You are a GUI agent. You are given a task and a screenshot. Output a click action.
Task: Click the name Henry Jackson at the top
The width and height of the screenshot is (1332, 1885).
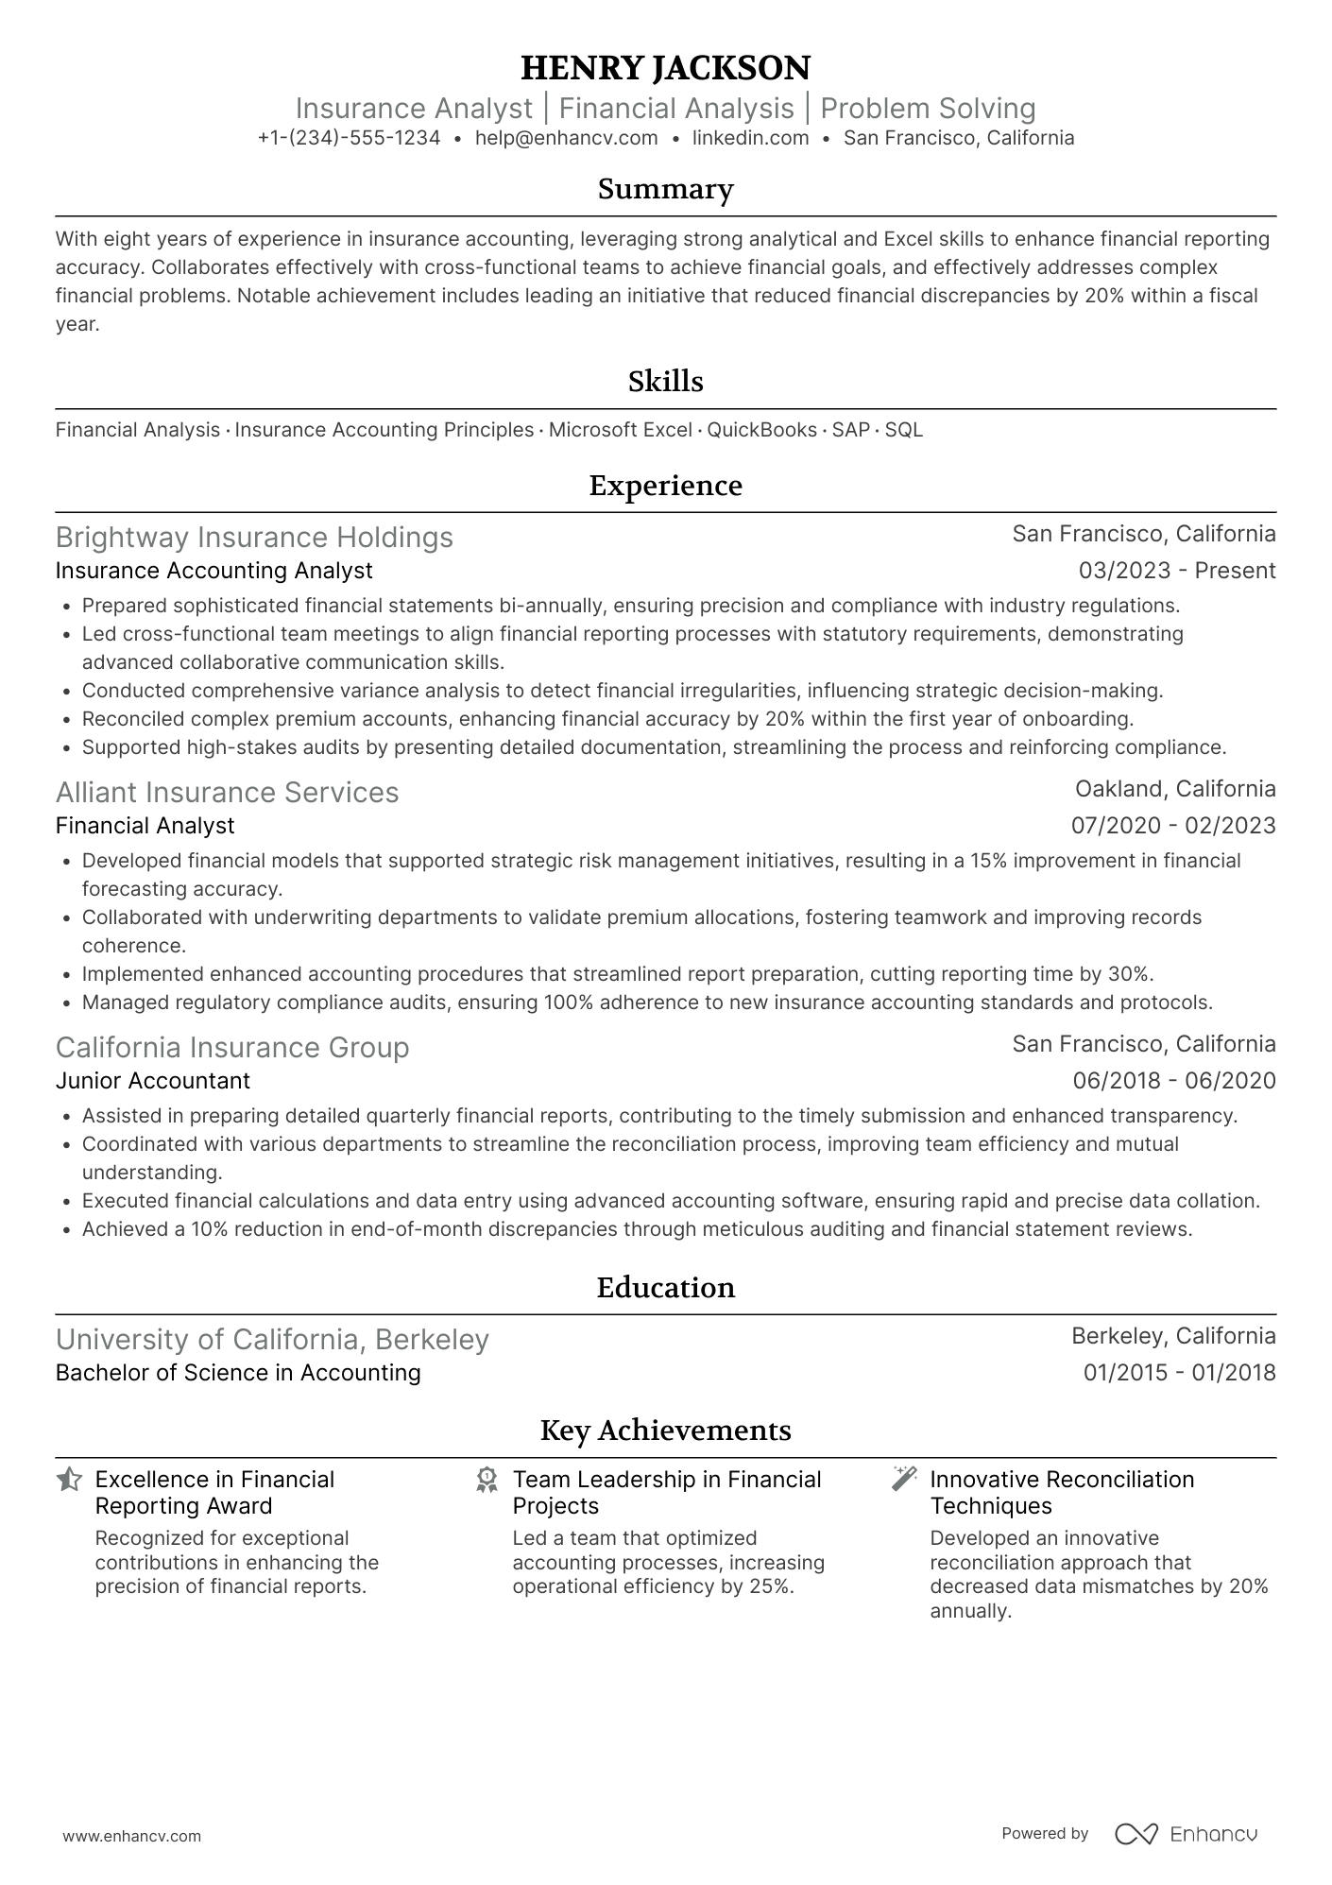click(665, 68)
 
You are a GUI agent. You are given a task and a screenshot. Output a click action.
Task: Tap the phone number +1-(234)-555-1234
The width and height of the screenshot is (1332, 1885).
click(349, 138)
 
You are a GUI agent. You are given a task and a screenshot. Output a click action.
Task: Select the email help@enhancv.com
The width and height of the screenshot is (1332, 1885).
click(566, 138)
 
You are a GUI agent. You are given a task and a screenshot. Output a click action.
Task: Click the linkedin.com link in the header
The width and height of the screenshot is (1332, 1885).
click(750, 138)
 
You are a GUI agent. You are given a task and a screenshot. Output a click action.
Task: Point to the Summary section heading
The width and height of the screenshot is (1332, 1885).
click(665, 189)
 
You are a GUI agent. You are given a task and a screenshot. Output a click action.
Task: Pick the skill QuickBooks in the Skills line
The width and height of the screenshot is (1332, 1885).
click(761, 430)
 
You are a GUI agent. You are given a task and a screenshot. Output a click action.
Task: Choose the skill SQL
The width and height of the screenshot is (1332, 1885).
click(903, 430)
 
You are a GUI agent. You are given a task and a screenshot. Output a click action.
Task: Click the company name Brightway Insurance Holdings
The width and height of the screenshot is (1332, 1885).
click(254, 538)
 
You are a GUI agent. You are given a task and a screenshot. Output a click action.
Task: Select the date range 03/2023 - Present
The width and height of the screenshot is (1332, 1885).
click(1176, 571)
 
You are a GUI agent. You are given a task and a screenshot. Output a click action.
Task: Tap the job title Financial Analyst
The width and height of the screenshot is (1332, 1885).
click(145, 826)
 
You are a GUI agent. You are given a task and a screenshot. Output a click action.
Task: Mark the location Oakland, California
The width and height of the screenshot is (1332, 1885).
click(1174, 789)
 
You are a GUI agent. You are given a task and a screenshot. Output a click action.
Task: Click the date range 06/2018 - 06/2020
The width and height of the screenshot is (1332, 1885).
click(1173, 1081)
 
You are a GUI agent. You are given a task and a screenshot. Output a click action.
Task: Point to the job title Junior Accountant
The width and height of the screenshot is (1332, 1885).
click(152, 1081)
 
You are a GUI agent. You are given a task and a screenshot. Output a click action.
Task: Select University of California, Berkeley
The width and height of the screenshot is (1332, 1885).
click(272, 1340)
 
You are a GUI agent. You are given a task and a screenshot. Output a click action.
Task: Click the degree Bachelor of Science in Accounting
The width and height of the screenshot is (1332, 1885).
click(238, 1373)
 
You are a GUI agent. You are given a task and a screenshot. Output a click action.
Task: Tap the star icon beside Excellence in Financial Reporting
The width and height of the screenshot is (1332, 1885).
click(69, 1480)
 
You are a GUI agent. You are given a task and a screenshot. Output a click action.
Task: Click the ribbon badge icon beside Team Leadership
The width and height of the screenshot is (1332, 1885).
click(487, 1480)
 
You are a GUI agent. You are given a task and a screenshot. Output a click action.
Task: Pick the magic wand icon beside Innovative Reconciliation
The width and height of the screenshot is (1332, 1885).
click(904, 1480)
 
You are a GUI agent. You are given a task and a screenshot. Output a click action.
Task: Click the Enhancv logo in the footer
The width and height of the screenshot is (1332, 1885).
click(1186, 1834)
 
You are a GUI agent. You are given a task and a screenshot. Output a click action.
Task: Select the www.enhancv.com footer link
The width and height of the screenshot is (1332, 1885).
click(131, 1837)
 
